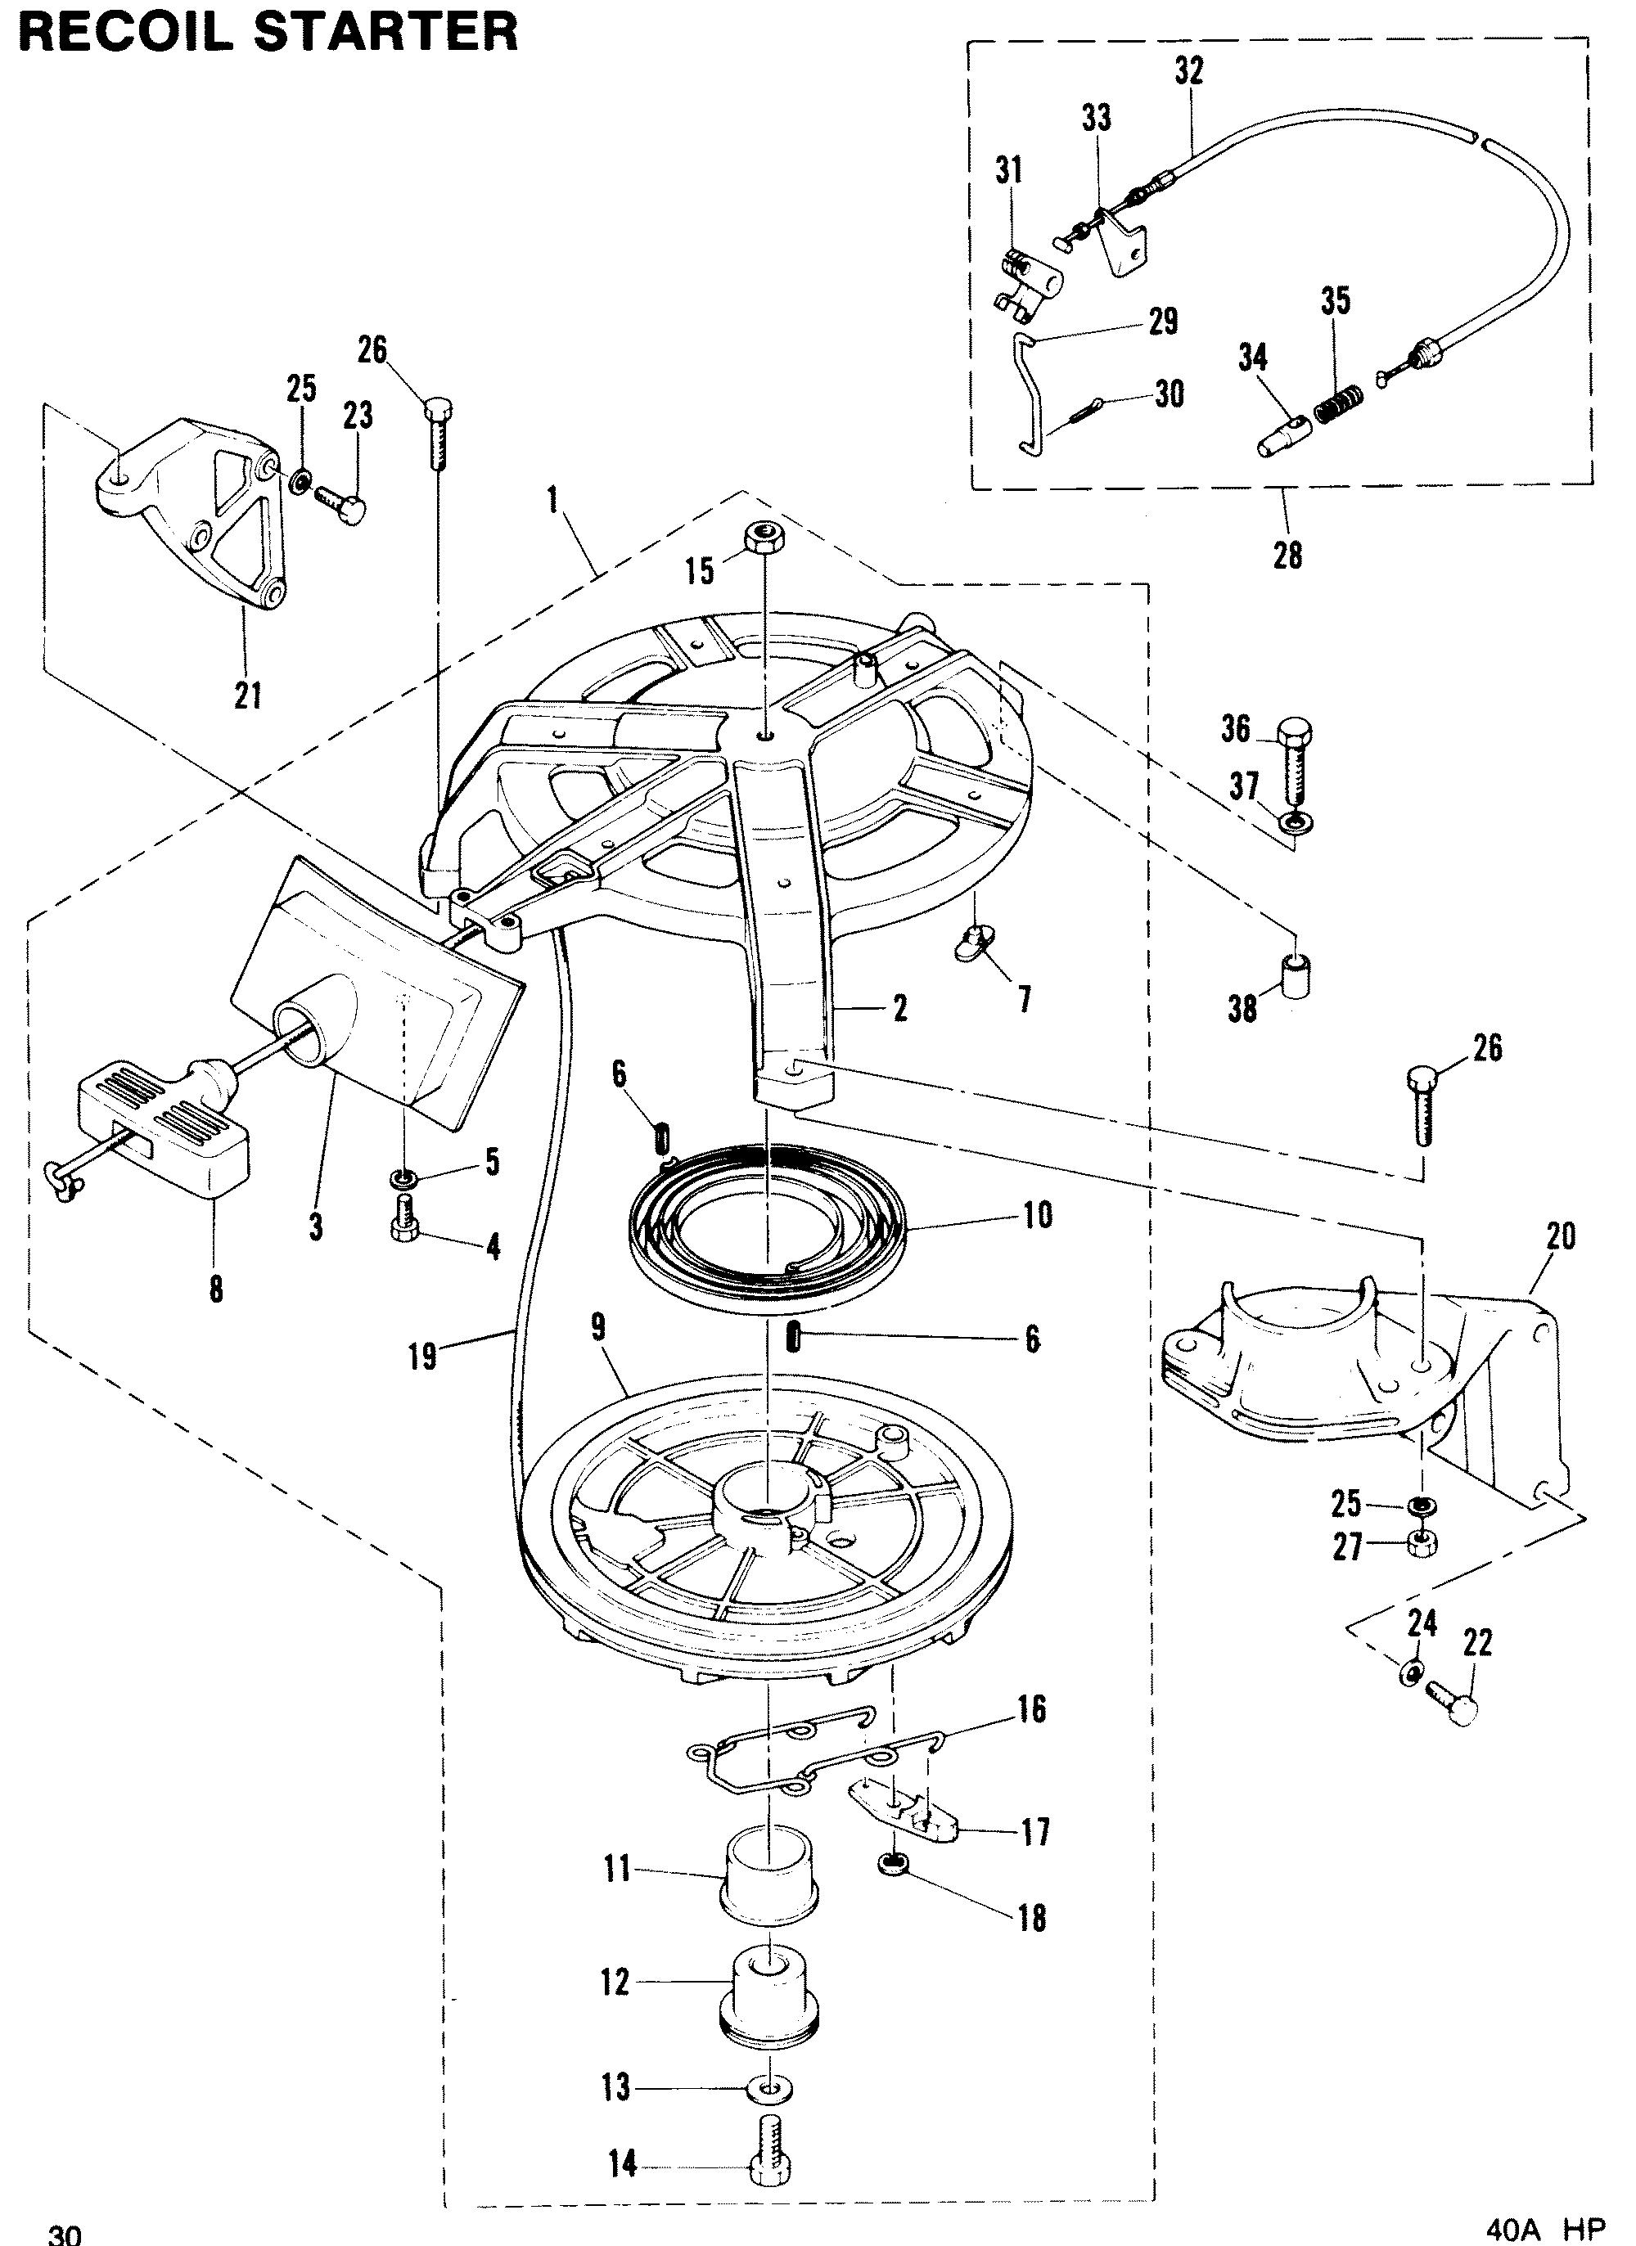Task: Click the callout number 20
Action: coord(1561,1237)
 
